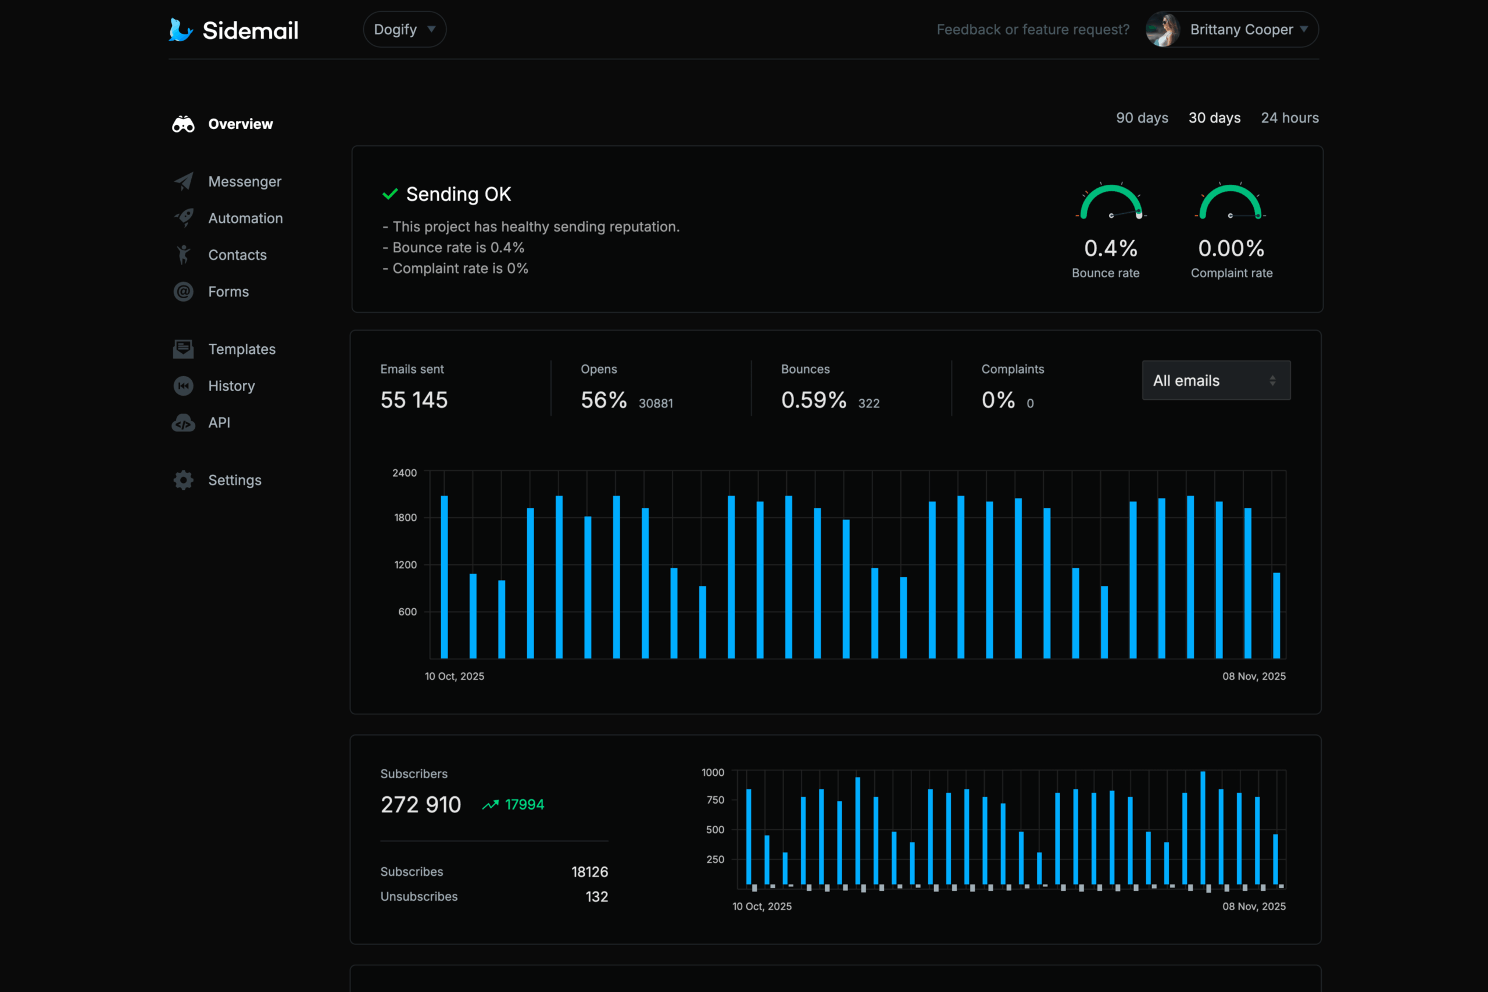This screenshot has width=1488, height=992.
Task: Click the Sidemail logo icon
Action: (181, 30)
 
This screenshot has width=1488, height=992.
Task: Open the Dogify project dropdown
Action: (405, 30)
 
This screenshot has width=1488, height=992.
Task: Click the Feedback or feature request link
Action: (1032, 30)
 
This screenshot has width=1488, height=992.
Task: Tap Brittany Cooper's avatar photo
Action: (1163, 30)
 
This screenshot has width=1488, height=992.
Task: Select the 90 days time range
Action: (1142, 117)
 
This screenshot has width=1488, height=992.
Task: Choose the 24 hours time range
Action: (1289, 117)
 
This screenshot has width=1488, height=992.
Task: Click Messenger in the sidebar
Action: (244, 181)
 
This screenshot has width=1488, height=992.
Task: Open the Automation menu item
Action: (245, 219)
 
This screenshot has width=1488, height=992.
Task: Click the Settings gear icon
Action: (184, 480)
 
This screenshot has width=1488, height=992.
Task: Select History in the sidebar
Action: (231, 386)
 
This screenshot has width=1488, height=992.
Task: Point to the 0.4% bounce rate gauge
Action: (1111, 202)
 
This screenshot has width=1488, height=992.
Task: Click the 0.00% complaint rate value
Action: (1231, 249)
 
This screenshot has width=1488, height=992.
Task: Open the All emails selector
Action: (1215, 380)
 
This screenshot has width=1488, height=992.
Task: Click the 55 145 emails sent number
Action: (414, 400)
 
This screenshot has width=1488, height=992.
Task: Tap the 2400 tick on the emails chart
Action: (405, 472)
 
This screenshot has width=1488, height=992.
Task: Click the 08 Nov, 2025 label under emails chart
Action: (1253, 676)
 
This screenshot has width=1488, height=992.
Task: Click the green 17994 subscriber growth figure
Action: (524, 805)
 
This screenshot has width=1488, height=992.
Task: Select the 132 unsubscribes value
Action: (596, 897)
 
